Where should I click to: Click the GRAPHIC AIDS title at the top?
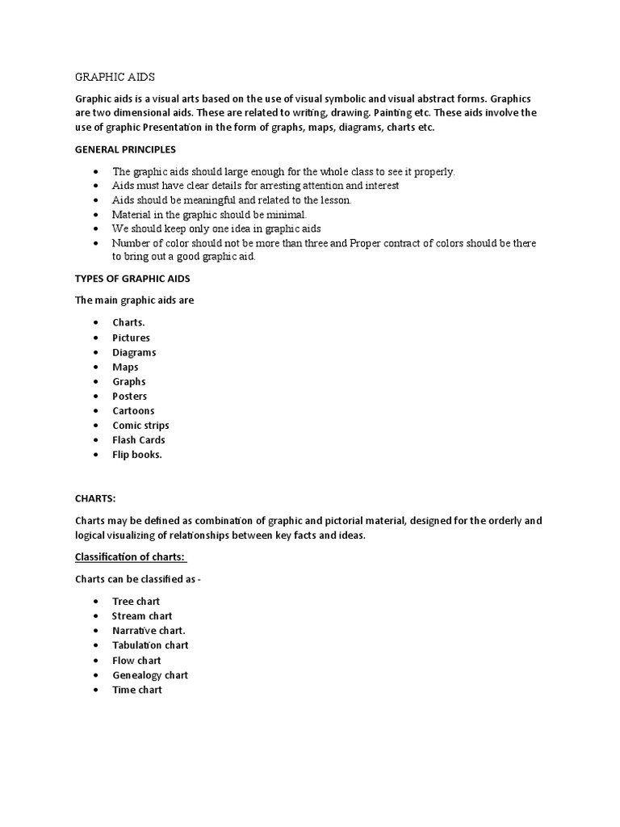(115, 77)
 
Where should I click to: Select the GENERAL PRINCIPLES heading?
(125, 149)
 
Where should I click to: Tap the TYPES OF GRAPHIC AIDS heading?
(132, 279)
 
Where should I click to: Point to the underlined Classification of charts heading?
(131, 557)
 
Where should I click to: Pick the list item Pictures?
(131, 338)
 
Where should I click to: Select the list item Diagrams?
(134, 352)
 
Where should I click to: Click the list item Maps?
(125, 367)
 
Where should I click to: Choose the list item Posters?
(129, 396)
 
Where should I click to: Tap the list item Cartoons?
(133, 410)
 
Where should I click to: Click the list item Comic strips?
(140, 425)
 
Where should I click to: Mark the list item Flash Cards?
(138, 440)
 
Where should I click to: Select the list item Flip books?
(137, 455)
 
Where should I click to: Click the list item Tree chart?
(136, 601)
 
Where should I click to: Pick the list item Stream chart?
(141, 616)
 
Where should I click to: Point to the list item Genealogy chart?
(149, 675)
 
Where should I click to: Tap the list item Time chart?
(136, 690)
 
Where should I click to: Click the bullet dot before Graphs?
(96, 382)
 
